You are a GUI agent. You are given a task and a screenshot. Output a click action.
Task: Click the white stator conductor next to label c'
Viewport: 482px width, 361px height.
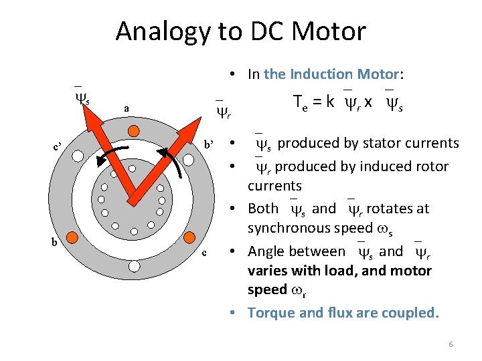(x=78, y=156)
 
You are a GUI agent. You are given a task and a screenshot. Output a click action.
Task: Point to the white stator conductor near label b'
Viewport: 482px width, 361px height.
(x=191, y=155)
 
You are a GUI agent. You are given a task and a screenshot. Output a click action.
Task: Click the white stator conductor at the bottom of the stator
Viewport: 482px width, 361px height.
(x=135, y=265)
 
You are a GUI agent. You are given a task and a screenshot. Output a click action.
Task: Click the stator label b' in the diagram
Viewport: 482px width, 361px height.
(x=209, y=144)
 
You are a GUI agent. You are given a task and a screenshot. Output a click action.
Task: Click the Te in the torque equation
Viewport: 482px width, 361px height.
(x=301, y=102)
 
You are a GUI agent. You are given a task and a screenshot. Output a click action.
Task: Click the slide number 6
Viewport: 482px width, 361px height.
(x=451, y=344)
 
